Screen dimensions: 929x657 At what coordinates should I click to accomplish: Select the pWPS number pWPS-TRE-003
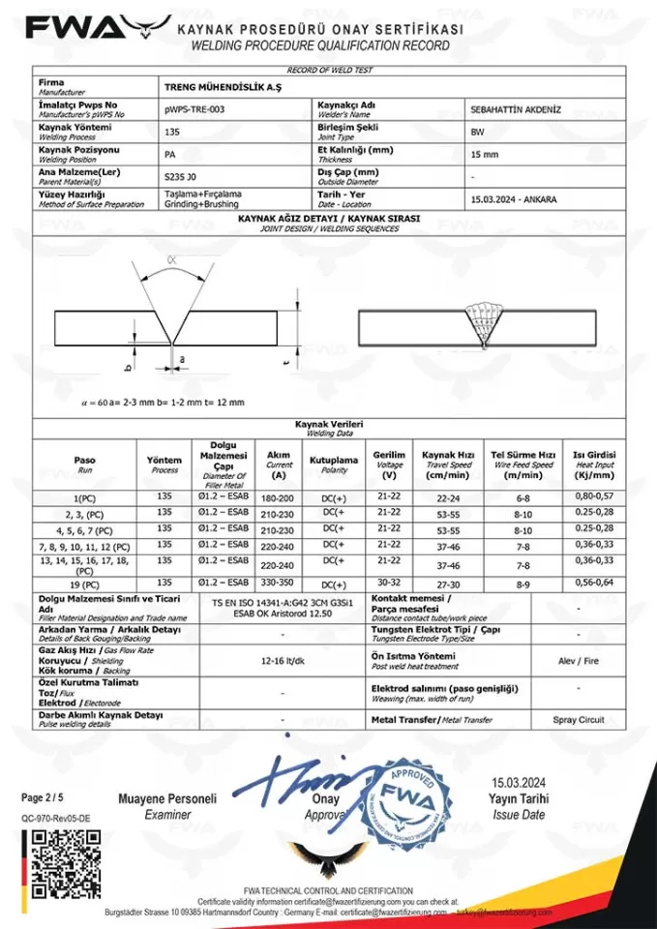[194, 109]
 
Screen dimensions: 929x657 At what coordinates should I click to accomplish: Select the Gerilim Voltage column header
[389, 464]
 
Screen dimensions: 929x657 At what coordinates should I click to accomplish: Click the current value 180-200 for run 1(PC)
[279, 496]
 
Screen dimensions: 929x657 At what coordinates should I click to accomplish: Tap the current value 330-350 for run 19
[279, 584]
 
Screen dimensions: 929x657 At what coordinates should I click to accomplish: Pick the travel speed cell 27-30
[448, 584]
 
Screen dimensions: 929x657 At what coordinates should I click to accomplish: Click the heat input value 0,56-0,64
[594, 584]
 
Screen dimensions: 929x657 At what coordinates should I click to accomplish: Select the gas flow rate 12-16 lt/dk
[282, 662]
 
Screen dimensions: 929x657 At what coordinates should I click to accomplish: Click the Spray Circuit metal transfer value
[579, 720]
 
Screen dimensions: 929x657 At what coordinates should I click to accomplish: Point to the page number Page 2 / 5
[44, 798]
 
